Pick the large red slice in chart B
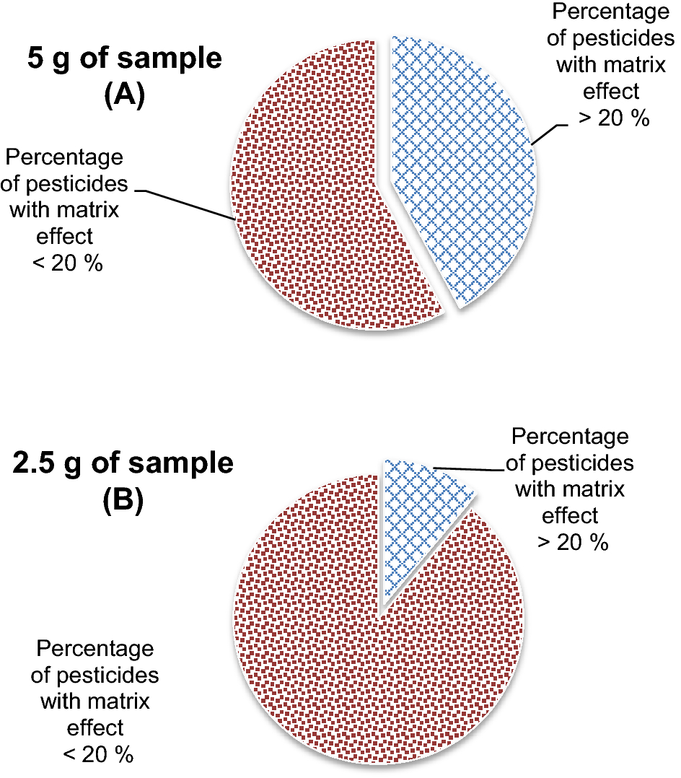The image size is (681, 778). [x=375, y=650]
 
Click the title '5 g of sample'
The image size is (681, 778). [x=125, y=58]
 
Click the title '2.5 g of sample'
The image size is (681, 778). [x=123, y=463]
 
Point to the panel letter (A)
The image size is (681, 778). [x=125, y=95]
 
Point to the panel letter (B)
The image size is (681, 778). [x=123, y=499]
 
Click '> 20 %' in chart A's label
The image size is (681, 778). [x=614, y=118]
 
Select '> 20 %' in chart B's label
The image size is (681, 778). [x=573, y=541]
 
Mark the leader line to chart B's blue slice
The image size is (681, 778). [x=469, y=469]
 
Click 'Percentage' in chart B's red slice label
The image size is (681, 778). [x=95, y=648]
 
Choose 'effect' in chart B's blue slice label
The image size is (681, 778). [x=570, y=515]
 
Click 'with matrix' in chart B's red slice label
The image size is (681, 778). [x=95, y=700]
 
